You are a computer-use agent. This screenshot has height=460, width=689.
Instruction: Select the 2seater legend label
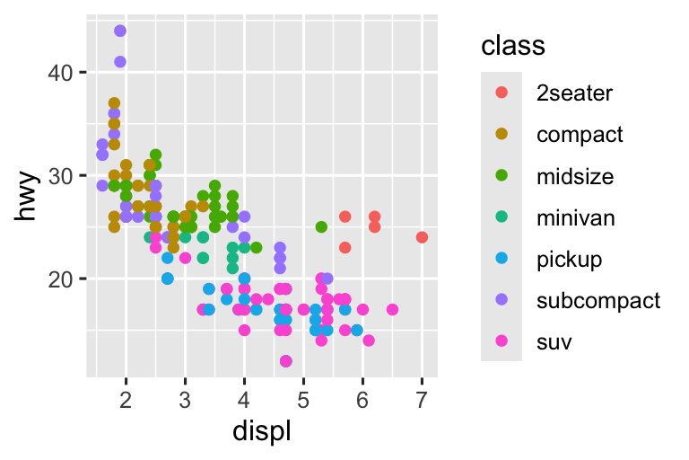pos(574,93)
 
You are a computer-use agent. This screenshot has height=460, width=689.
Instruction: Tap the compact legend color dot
pos(501,134)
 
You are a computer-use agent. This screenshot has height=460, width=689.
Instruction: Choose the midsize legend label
pos(575,176)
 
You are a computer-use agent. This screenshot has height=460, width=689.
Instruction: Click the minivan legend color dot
pos(501,217)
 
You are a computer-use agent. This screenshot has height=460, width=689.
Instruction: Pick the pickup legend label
pos(569,260)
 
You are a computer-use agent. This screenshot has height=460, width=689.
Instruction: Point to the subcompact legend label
pos(597,301)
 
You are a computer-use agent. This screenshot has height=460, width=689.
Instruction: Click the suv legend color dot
pos(501,342)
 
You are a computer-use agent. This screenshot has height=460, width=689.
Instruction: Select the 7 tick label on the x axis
pos(422,399)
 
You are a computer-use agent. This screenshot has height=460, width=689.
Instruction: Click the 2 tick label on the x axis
pos(126,399)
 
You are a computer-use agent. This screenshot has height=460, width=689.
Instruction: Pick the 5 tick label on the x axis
pos(303,399)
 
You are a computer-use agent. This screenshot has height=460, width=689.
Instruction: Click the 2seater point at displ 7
pos(422,237)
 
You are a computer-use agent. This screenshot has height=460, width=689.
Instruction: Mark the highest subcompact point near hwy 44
pos(120,31)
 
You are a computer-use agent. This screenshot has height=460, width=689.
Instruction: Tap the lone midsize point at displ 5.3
pos(321,226)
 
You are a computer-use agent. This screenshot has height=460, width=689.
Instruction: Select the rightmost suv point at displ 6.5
pos(392,309)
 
